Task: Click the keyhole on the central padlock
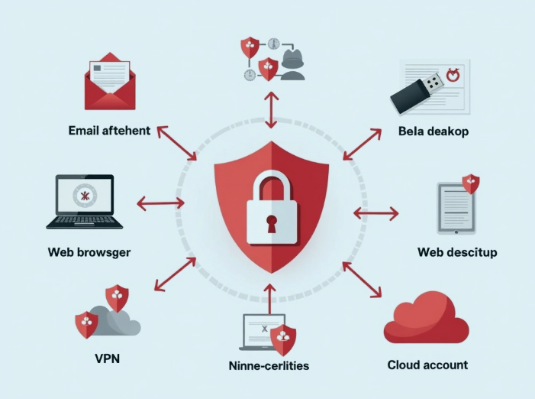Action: (x=271, y=223)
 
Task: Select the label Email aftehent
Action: (x=109, y=131)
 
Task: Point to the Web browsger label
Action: (x=89, y=251)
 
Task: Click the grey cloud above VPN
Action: (x=114, y=323)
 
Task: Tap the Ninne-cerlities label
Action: (x=269, y=365)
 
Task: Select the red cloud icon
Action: (x=426, y=322)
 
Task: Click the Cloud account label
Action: (x=427, y=365)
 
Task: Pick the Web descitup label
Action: (x=457, y=251)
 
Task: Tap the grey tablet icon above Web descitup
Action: (x=456, y=207)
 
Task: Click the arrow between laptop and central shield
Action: (x=160, y=203)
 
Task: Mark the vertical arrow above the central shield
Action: (x=270, y=108)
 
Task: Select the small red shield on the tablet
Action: (x=471, y=183)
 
